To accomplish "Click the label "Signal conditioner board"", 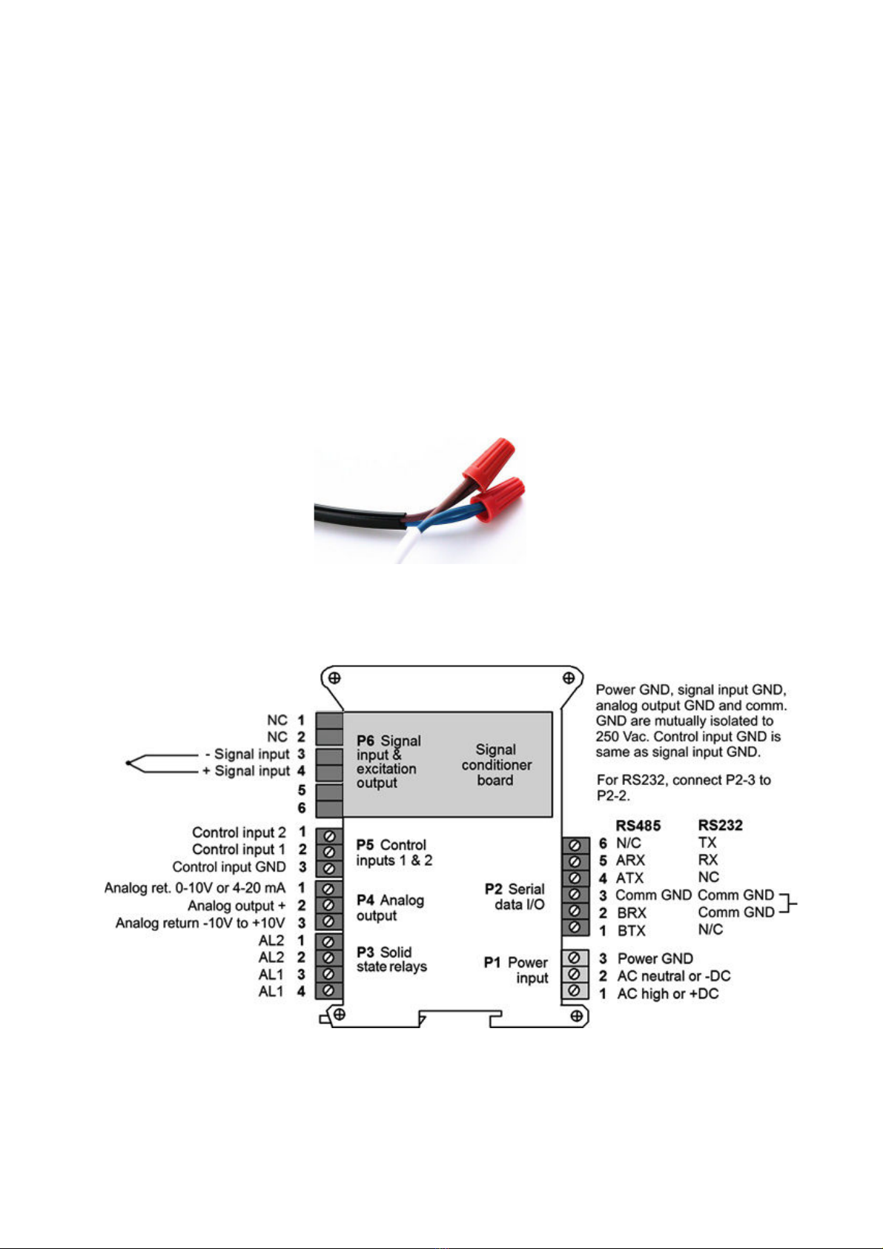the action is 496,764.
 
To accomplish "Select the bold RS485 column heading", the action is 638,825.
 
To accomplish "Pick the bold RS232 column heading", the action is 720,825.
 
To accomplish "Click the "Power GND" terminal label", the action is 655,958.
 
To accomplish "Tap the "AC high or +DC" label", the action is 668,993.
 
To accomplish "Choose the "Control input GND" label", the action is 228,867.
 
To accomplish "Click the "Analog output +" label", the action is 237,906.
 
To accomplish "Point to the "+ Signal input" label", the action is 246,771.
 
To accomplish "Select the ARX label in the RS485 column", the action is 629,861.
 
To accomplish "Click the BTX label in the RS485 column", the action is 631,930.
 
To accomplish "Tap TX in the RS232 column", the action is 707,842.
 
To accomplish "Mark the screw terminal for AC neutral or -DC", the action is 575,975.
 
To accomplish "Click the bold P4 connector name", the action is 366,901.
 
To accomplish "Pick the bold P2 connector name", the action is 493,889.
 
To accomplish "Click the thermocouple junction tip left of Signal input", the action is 128,763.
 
